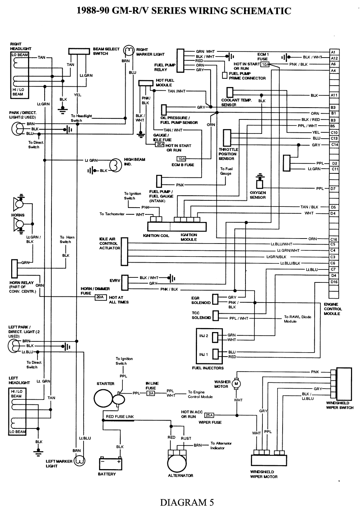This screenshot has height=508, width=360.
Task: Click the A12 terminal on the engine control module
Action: click(334, 58)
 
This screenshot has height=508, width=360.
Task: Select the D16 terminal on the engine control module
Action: click(334, 282)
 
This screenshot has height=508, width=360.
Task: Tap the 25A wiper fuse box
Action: click(210, 415)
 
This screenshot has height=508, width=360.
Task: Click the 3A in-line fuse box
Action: click(151, 393)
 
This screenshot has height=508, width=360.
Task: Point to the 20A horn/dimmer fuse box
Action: click(100, 297)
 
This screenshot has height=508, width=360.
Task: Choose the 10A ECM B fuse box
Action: click(181, 159)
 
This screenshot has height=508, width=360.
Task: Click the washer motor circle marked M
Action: click(237, 384)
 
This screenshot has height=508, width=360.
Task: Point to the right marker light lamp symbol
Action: click(128, 51)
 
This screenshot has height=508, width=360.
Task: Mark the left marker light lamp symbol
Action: click(79, 461)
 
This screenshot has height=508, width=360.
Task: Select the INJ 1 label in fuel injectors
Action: click(204, 354)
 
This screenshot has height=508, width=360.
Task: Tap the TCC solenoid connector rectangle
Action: click(216, 316)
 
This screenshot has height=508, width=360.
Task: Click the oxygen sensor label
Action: click(258, 195)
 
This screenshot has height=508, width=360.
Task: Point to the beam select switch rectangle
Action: click(79, 51)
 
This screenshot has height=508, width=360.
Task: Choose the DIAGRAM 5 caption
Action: click(187, 502)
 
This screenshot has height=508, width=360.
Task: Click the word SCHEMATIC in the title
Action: click(256, 11)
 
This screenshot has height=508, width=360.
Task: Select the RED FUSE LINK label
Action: click(120, 417)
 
